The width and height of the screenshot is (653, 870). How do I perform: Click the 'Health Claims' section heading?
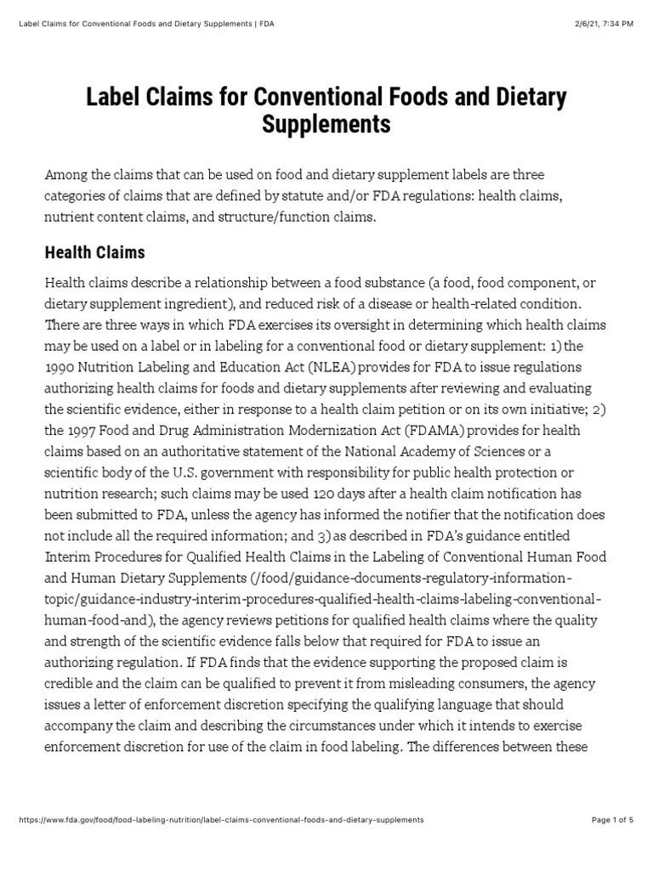point(94,252)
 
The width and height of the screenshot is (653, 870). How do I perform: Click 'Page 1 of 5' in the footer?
point(612,820)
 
